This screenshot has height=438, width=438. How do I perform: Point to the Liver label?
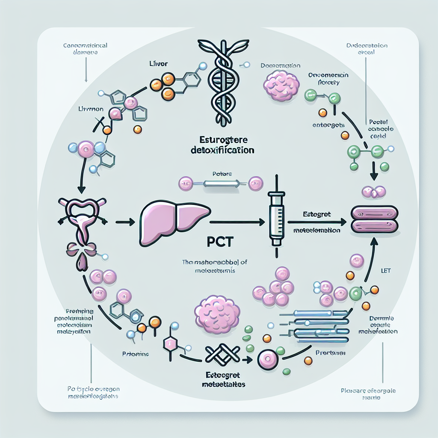pyautogui.click(x=159, y=63)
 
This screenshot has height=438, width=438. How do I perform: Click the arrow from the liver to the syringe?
pyautogui.click(x=237, y=222)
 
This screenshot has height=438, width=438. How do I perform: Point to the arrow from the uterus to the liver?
pyautogui.click(x=125, y=222)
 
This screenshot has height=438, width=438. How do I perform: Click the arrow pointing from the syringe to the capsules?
pyautogui.click(x=317, y=222)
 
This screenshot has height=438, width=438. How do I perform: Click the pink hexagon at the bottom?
pyautogui.click(x=171, y=344)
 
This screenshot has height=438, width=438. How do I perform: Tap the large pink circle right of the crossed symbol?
pyautogui.click(x=268, y=361)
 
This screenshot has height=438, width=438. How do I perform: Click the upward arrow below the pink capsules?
pyautogui.click(x=370, y=259)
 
